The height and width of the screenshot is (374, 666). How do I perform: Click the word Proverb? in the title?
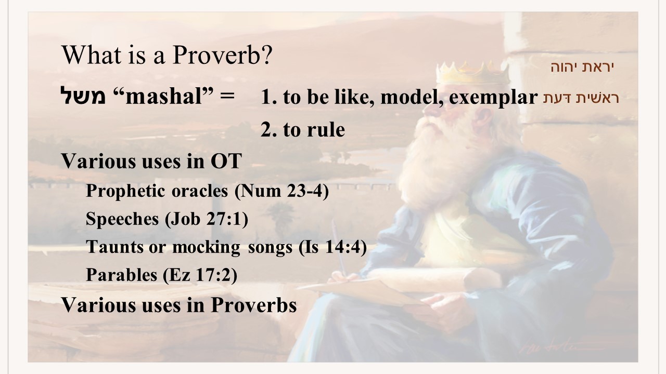tap(222, 55)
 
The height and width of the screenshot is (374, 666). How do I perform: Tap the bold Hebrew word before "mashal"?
tap(83, 96)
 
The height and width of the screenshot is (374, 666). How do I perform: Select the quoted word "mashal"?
tap(163, 96)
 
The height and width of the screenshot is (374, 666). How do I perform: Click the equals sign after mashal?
tap(227, 96)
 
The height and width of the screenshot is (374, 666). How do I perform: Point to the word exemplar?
tap(493, 97)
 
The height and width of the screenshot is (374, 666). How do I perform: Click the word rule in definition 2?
tap(326, 129)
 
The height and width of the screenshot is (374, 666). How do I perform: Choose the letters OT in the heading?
tap(226, 161)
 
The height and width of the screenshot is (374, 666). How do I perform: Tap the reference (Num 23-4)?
tap(281, 191)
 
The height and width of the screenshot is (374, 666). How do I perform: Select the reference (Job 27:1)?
tap(207, 219)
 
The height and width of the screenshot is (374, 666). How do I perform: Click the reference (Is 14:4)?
tap(332, 247)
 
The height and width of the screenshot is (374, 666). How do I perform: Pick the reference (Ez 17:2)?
tap(200, 275)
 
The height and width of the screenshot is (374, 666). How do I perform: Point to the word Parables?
tap(121, 274)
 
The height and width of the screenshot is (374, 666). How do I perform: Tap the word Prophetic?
tap(125, 191)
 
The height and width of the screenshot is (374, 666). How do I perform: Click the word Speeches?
tap(122, 219)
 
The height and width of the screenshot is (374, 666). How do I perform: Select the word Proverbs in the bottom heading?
tap(253, 305)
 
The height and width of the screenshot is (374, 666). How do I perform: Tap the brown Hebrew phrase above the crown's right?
tap(582, 67)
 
